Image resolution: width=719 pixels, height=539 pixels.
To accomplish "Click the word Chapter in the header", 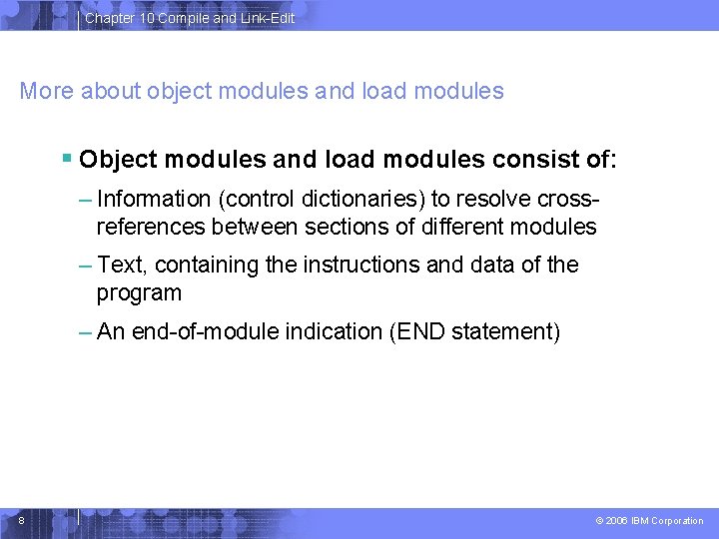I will click(x=110, y=18).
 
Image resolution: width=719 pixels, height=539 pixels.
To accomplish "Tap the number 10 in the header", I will click(x=147, y=18).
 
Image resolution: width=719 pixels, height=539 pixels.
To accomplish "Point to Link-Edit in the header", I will click(x=267, y=18).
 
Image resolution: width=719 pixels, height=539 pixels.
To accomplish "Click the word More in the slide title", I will click(x=47, y=92).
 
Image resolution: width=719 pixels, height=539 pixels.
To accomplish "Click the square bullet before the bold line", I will click(x=66, y=158).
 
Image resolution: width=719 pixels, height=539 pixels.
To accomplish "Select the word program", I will click(x=139, y=292).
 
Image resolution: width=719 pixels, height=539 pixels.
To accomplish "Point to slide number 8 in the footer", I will click(x=21, y=519).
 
